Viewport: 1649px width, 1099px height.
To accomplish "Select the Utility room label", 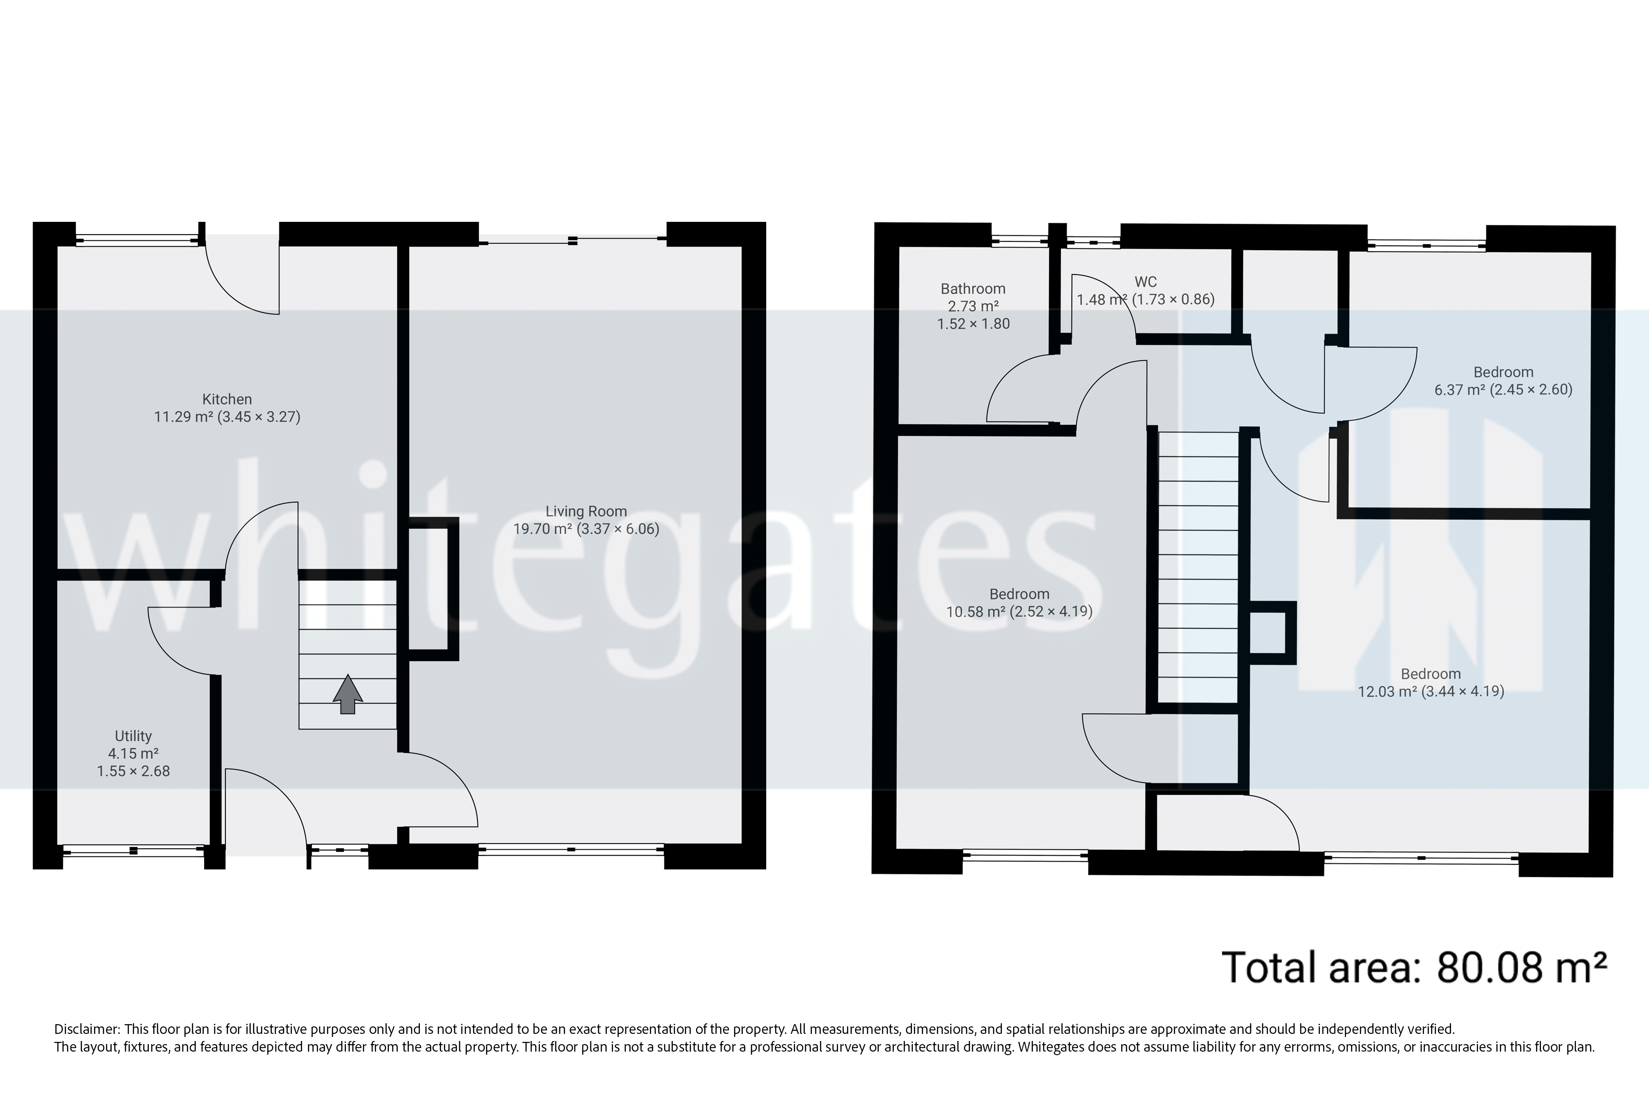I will (133, 736).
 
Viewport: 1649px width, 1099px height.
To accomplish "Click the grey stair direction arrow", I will (348, 694).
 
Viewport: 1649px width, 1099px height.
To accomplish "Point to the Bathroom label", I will (972, 289).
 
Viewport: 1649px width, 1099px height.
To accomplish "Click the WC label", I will (1145, 282).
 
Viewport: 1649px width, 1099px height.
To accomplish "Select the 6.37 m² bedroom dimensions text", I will (1502, 390).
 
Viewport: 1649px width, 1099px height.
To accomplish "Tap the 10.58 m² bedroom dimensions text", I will (1019, 611).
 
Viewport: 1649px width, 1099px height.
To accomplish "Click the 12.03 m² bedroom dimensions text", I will (1430, 691).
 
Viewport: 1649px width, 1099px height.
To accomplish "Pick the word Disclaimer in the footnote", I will (87, 1029).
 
